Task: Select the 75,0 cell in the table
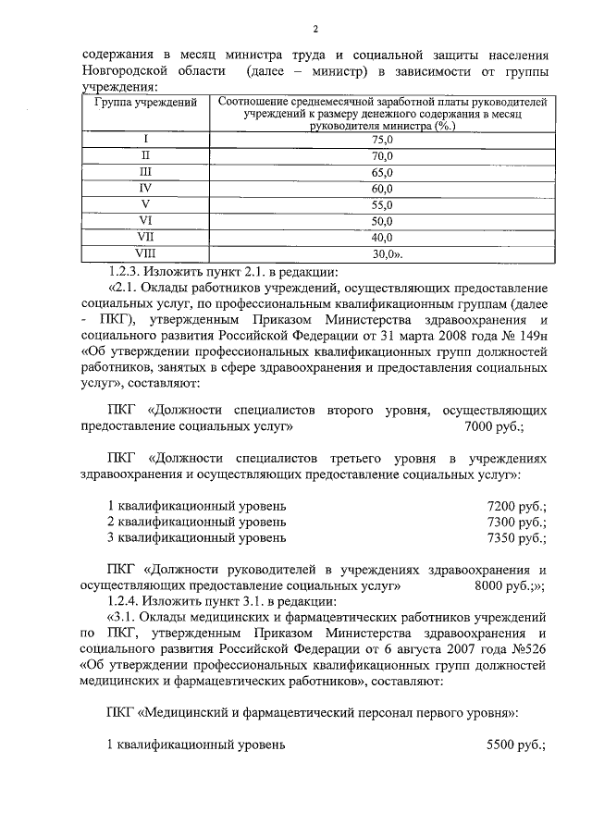click(382, 140)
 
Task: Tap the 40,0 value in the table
click(382, 236)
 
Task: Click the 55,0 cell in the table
click(382, 203)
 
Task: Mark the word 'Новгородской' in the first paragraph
click(124, 71)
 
